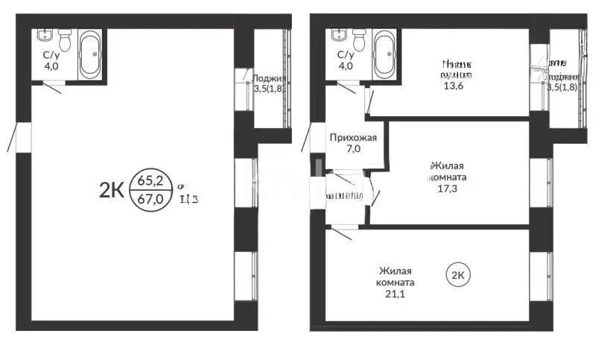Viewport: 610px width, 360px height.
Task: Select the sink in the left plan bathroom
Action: point(43,36)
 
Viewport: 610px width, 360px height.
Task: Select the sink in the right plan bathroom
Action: point(339,36)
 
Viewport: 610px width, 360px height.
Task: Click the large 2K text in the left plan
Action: point(111,190)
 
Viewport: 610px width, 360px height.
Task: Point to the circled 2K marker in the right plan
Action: point(458,275)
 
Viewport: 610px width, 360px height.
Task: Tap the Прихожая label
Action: point(353,137)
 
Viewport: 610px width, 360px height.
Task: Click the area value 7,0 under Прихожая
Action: point(353,149)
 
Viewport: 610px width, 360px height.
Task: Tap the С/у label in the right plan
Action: point(345,55)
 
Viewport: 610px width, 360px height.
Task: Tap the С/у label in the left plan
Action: point(51,55)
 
